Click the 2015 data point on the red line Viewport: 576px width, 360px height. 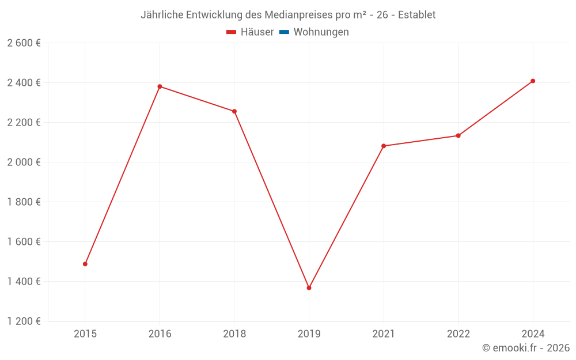(x=85, y=264)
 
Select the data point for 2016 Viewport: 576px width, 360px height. (x=160, y=86)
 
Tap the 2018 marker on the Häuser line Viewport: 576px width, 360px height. (x=234, y=111)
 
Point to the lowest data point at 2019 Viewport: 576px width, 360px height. (x=309, y=288)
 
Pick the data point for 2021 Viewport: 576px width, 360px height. (x=384, y=146)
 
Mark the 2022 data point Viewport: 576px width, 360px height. (x=458, y=135)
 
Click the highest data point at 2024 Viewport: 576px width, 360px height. (x=533, y=81)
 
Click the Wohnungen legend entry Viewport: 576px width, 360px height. (x=321, y=32)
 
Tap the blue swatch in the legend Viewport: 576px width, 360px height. (x=284, y=32)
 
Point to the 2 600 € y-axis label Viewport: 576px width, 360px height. (x=24, y=43)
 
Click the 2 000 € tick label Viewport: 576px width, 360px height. (x=24, y=162)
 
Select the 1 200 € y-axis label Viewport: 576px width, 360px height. (x=24, y=321)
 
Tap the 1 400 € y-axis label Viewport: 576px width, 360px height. (x=24, y=282)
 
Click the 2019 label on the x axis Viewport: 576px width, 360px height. (x=309, y=334)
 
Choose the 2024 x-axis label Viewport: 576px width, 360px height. (x=533, y=334)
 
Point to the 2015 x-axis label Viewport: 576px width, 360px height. (x=85, y=334)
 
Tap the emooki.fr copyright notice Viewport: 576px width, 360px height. (x=526, y=348)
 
